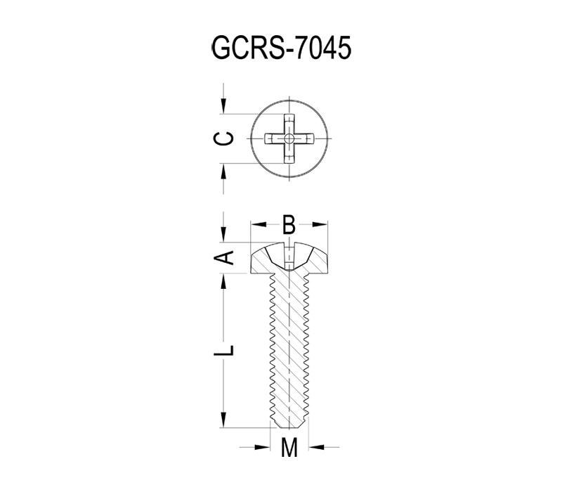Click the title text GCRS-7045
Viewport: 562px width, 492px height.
282,48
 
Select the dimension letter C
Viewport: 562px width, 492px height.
223,138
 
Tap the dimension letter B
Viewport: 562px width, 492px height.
289,225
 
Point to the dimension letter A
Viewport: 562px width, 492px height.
223,257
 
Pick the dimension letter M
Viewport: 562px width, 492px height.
289,447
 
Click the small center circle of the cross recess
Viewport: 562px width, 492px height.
289,138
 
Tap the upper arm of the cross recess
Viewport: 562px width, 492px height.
289,124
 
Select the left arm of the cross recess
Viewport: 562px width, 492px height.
275,138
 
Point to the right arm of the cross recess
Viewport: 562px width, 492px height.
303,138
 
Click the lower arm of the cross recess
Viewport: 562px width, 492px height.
289,153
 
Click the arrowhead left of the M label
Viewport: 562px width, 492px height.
262,447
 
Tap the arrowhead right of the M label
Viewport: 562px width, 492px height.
316,447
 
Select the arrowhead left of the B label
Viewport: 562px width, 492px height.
259,224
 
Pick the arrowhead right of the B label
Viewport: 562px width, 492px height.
320,224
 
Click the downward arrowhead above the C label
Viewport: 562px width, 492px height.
223,106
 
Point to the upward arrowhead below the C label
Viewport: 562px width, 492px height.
223,171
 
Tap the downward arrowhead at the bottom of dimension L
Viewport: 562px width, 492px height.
223,420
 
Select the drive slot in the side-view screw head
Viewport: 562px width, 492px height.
289,256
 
